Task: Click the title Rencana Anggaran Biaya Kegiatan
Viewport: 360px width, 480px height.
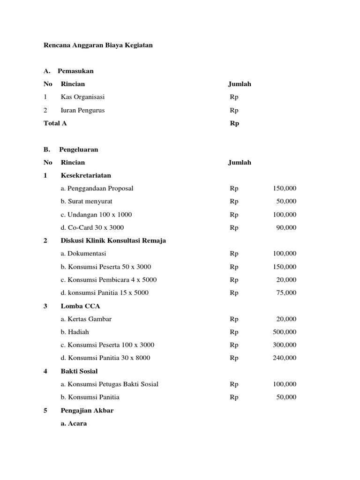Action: pos(98,45)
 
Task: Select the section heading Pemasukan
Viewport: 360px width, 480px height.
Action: pos(75,71)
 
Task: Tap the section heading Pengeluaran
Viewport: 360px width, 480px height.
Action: pos(78,150)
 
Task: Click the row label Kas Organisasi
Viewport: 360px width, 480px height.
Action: pos(82,97)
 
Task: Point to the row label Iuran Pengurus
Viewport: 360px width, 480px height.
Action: pos(82,110)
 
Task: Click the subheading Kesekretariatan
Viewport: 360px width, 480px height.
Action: pos(86,175)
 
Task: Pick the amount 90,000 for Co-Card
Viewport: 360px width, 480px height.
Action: pos(286,227)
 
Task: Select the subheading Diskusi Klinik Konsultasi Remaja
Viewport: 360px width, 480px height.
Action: pos(113,240)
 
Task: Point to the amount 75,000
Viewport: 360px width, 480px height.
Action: pos(286,292)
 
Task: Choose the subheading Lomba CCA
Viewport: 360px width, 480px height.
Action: pos(80,306)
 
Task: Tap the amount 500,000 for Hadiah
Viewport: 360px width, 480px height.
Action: pos(285,332)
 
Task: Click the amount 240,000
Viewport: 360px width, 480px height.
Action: pos(285,358)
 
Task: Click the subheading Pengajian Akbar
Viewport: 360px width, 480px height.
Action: pos(87,410)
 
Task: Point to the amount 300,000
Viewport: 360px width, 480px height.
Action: pos(285,345)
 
